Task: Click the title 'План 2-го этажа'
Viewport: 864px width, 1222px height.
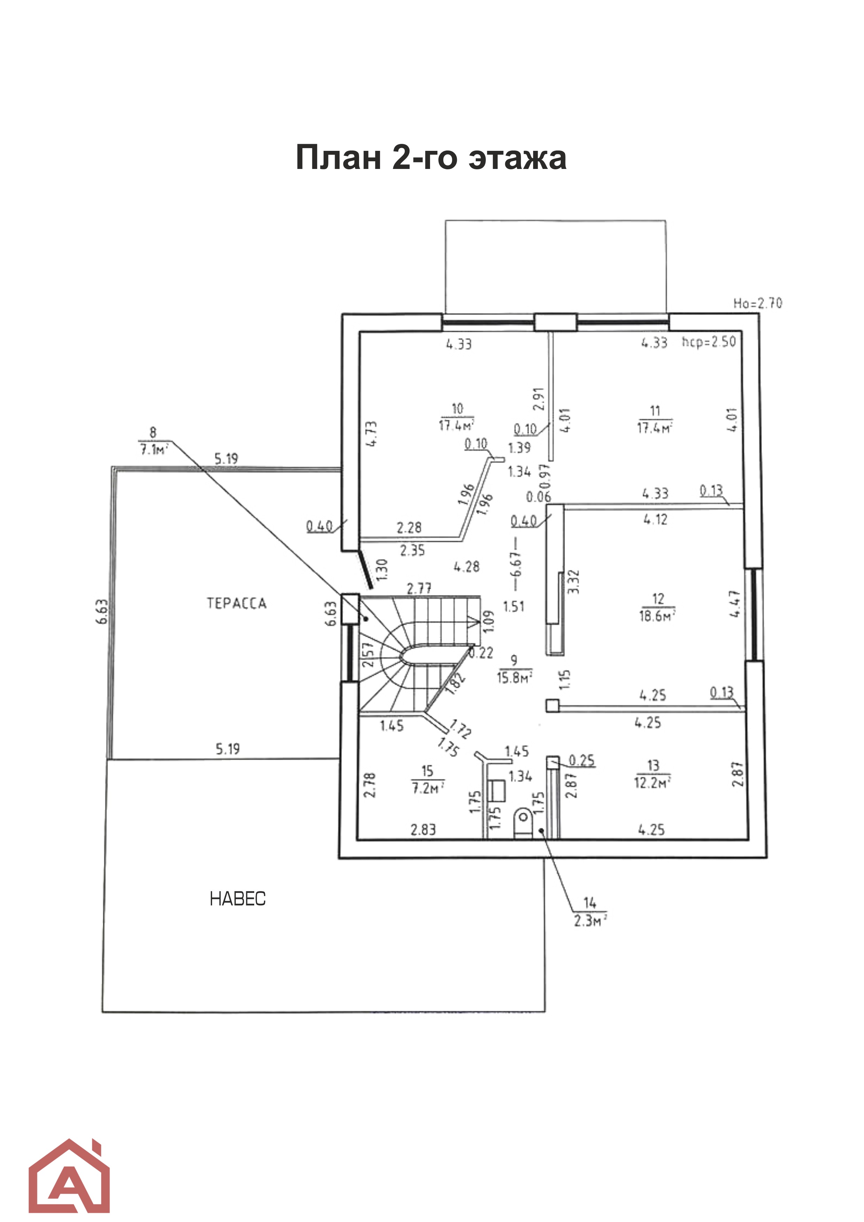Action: (x=431, y=157)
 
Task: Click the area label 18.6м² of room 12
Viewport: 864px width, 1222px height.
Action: (x=657, y=616)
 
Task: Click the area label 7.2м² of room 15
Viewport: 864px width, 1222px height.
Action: (x=427, y=788)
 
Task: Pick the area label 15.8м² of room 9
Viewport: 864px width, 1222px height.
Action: (x=514, y=679)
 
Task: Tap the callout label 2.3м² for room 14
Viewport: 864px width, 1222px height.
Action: (x=590, y=920)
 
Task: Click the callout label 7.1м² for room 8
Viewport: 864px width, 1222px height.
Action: (x=153, y=450)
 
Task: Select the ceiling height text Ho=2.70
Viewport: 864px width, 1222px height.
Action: (x=757, y=303)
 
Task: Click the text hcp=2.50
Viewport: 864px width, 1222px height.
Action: (x=709, y=342)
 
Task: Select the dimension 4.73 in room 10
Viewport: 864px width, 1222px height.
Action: (x=372, y=434)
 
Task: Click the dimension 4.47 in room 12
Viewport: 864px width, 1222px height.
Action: (x=735, y=604)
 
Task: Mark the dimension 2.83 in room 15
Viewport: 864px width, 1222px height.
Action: (x=423, y=829)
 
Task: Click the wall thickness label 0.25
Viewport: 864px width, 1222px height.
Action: (x=582, y=760)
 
